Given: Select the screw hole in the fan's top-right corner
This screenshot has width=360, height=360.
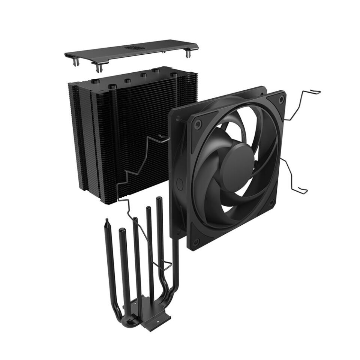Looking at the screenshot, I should (280, 100).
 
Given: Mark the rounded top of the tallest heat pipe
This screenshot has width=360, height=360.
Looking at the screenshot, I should (159, 200).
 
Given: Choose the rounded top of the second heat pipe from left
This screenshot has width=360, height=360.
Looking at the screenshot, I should (121, 230).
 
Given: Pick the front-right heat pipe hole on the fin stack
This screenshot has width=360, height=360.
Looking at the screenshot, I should (173, 75).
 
